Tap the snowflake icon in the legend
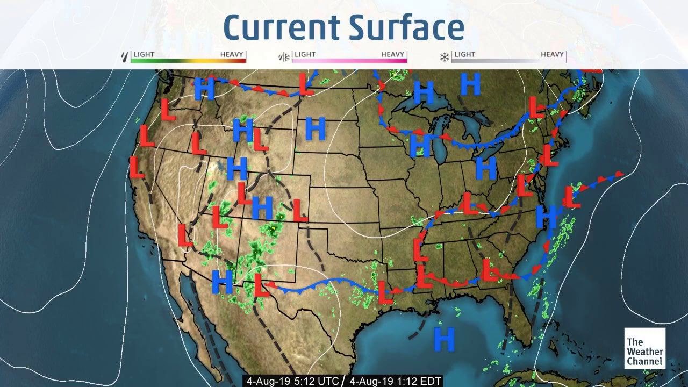[445, 56]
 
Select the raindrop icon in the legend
[125, 56]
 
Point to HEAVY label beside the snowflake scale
[552, 54]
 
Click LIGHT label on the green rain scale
[144, 54]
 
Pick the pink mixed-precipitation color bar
[349, 61]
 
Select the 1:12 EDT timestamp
[395, 381]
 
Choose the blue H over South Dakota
[315, 129]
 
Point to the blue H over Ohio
[486, 169]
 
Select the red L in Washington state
[168, 110]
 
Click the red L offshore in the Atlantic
[571, 197]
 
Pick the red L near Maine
[536, 107]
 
